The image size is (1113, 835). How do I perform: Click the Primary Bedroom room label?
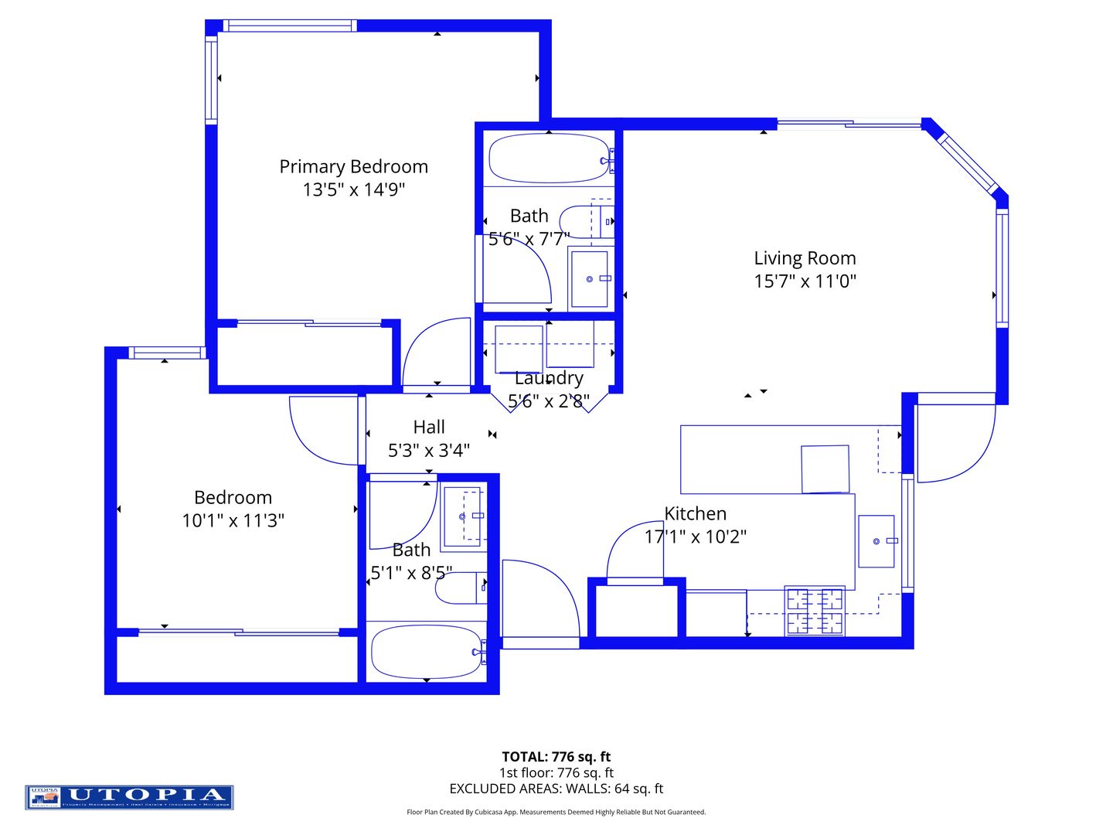click(x=353, y=166)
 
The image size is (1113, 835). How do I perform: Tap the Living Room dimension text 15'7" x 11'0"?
click(x=805, y=281)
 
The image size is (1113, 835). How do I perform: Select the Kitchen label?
click(x=695, y=513)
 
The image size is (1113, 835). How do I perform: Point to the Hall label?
click(x=429, y=427)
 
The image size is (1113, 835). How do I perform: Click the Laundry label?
click(x=549, y=378)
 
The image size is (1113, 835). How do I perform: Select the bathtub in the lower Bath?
click(x=426, y=651)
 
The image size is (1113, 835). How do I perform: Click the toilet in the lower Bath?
click(x=461, y=588)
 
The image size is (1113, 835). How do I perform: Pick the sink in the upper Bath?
click(x=589, y=278)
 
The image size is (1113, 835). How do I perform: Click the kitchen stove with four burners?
click(x=815, y=611)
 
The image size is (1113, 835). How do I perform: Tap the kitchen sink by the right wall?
click(x=876, y=541)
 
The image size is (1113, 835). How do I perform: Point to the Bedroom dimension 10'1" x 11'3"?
click(x=233, y=520)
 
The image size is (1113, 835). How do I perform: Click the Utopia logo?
click(x=129, y=797)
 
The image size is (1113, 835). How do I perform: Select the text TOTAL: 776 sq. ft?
click(x=556, y=757)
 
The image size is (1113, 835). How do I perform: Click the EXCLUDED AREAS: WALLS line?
click(x=556, y=789)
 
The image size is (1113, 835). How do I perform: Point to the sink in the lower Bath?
click(x=463, y=516)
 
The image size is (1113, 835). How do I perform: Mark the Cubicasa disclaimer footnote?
click(x=556, y=812)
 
